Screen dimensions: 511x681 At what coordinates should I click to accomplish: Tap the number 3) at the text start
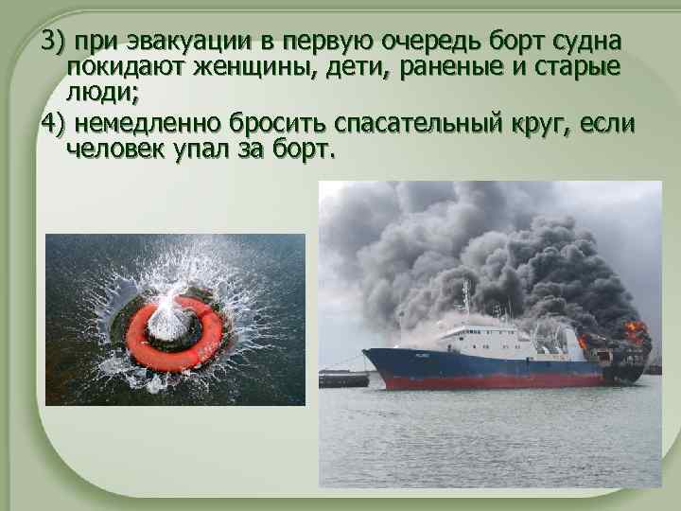point(52,42)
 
